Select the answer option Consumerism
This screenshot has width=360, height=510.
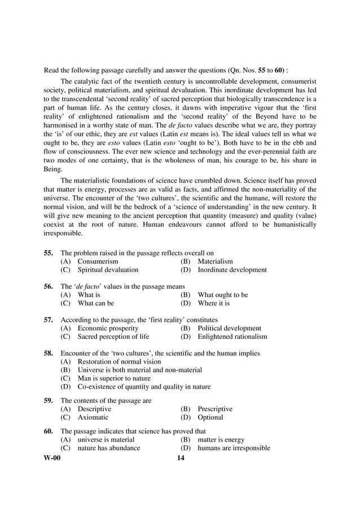coord(98,261)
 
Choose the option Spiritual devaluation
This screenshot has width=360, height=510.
coord(107,270)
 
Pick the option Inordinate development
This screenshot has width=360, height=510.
coord(232,270)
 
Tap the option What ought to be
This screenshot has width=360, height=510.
coord(222,295)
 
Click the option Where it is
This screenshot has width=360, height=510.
coord(213,303)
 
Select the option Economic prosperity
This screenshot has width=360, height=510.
coord(108,328)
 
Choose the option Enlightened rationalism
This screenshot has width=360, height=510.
coord(232,337)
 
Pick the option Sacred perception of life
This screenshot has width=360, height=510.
coord(113,337)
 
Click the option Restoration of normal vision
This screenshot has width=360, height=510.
coord(119,361)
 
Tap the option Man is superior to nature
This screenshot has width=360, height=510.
coord(114,378)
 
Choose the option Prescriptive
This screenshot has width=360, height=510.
coord(214,409)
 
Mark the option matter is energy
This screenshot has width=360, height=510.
coord(221,439)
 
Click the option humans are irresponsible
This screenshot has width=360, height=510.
coord(234,448)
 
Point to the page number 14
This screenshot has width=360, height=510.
coord(181,458)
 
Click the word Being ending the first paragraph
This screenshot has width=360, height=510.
coord(55,169)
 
